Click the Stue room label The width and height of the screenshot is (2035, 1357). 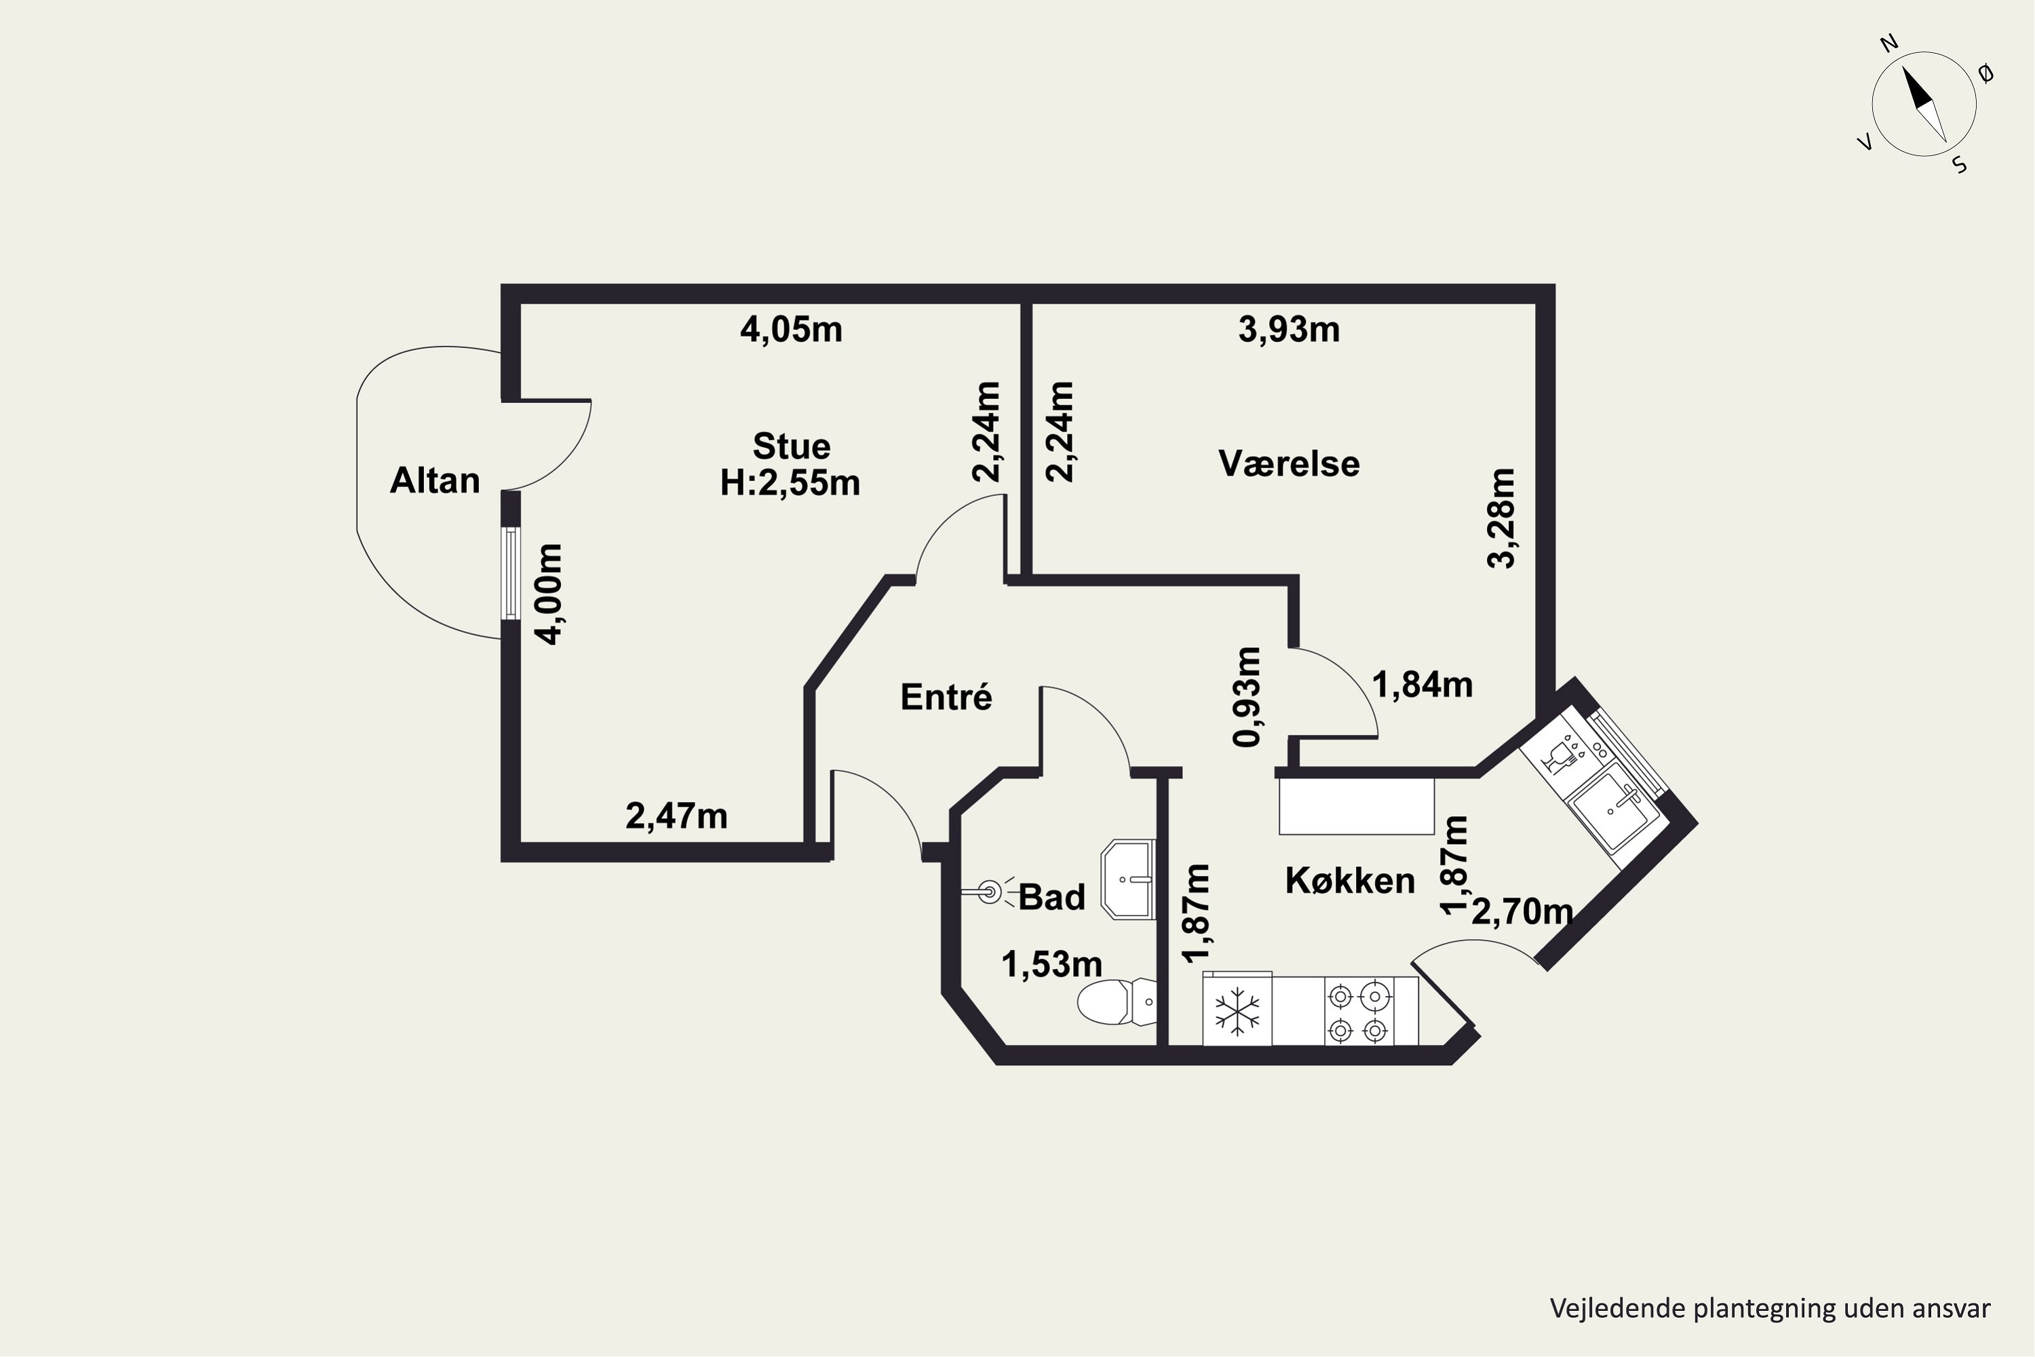(791, 446)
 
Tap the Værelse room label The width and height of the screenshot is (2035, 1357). (1288, 464)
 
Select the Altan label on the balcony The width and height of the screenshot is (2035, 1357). (434, 480)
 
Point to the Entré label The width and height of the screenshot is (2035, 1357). (946, 696)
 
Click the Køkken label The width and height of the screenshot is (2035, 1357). (1350, 880)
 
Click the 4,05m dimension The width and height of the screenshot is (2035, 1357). (791, 330)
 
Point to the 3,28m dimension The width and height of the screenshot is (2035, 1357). (1501, 518)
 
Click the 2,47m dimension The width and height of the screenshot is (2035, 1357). (676, 816)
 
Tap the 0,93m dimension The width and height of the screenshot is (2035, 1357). (1247, 697)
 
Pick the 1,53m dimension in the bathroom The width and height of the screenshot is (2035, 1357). (1052, 964)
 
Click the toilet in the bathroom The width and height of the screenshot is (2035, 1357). (1116, 1001)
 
